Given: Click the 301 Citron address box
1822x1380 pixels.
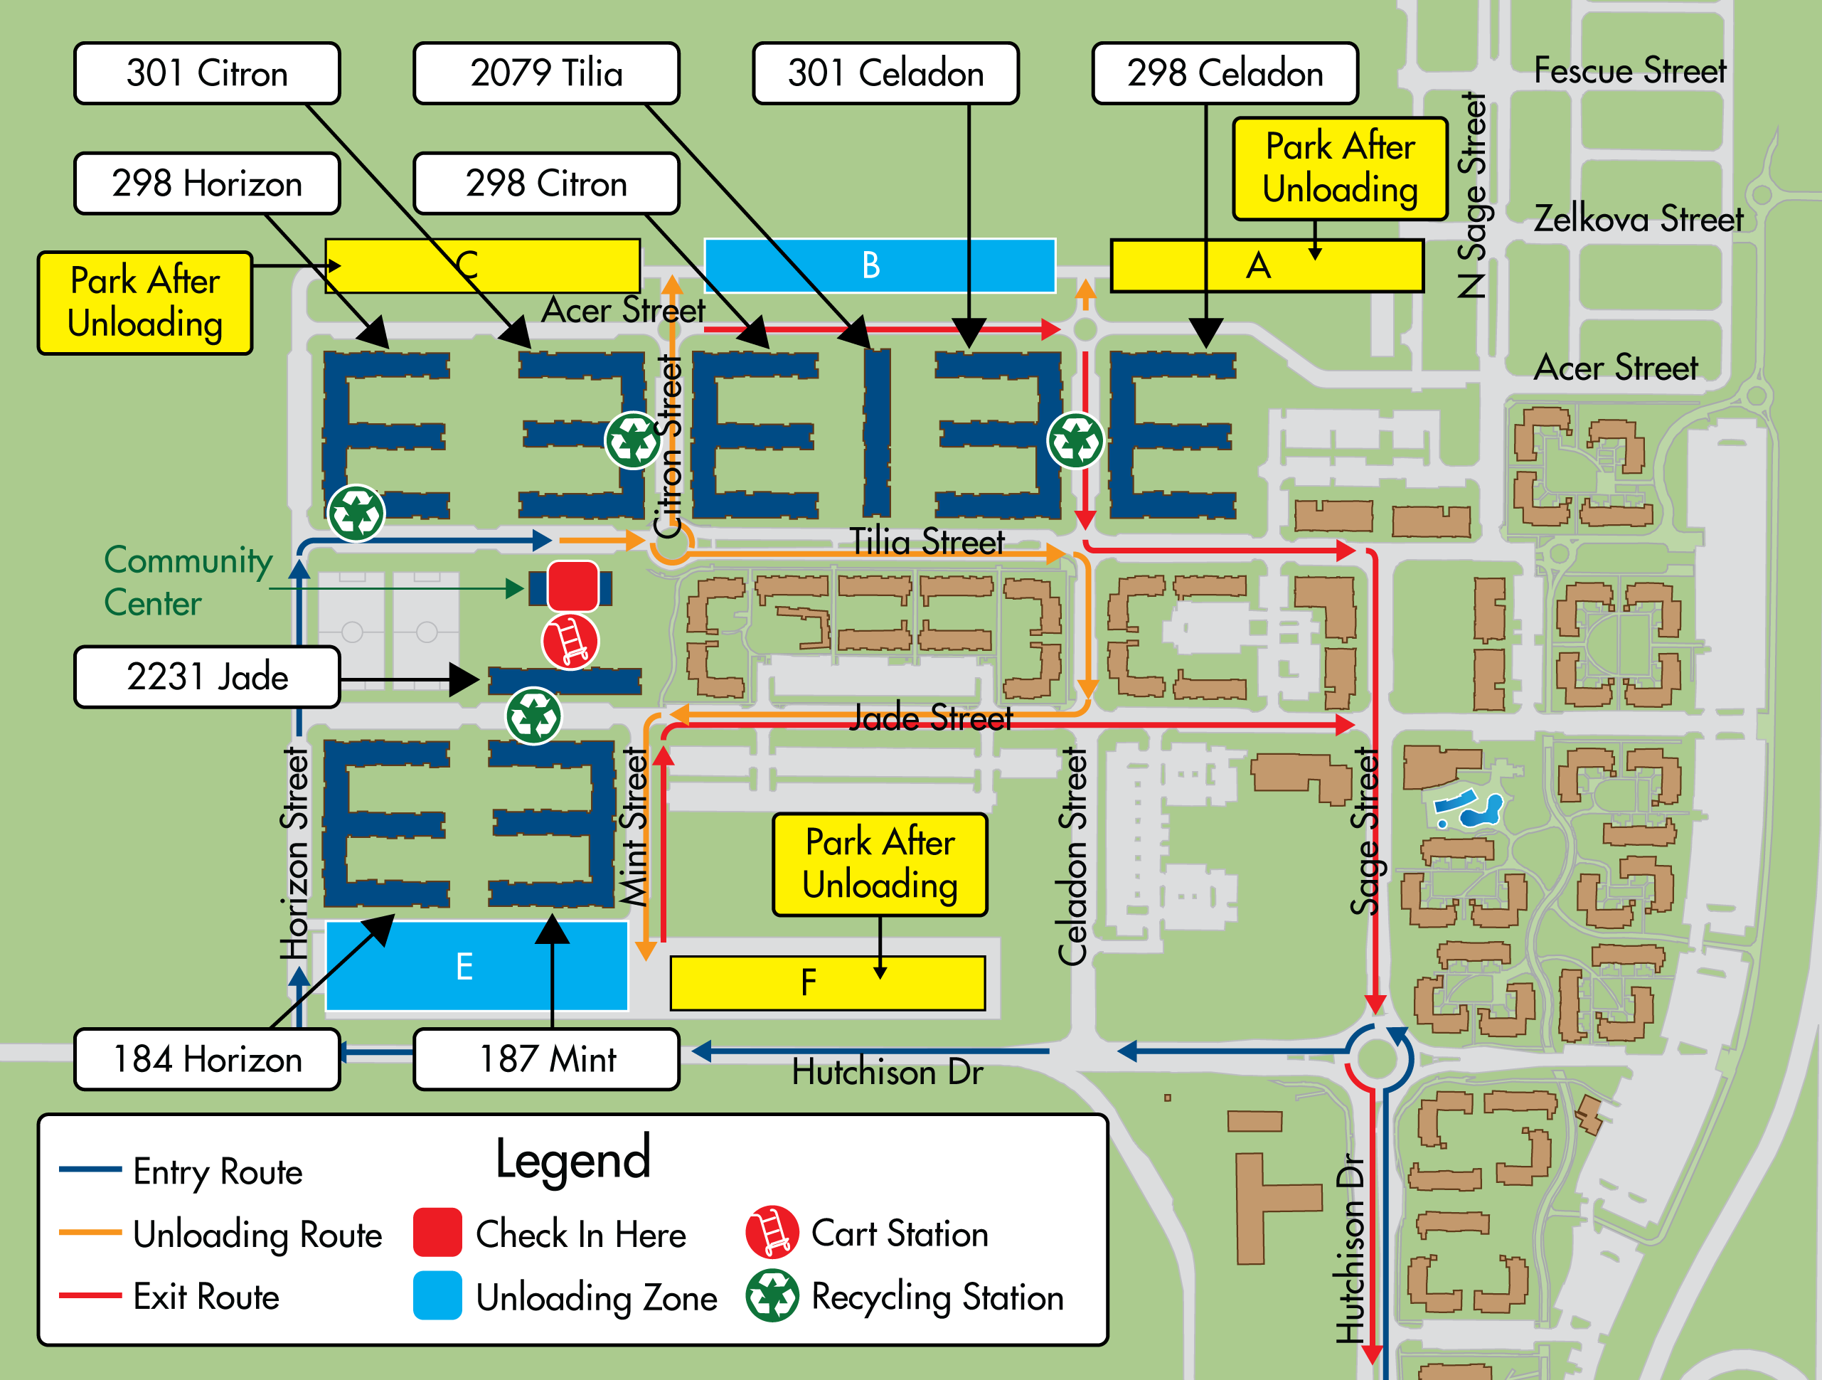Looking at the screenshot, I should (207, 73).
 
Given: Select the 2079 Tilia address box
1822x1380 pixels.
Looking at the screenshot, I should (546, 73).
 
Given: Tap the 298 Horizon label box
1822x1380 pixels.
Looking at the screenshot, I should (207, 183).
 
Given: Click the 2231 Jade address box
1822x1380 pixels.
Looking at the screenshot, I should (207, 676).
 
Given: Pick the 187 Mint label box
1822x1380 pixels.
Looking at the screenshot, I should (546, 1058).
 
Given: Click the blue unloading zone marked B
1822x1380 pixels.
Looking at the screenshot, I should (879, 265).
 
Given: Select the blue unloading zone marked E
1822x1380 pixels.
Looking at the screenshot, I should (476, 965).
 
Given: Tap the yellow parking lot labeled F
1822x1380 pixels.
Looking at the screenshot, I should (827, 983).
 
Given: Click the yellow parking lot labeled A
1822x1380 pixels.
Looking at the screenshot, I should (1266, 265).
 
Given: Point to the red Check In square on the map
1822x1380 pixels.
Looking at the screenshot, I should (572, 585).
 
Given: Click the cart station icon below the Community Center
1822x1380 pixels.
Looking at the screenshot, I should (570, 641).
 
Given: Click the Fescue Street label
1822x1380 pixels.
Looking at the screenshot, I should (1629, 71).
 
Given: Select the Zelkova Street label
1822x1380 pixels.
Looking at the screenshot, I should (1638, 219).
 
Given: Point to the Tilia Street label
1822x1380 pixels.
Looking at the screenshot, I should (927, 542).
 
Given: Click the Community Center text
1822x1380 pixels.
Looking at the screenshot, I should (188, 581).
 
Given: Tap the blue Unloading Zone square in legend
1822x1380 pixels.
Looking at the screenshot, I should (437, 1296).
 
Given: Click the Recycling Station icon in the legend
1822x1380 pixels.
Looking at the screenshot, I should (772, 1296).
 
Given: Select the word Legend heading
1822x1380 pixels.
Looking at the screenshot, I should (572, 1158).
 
